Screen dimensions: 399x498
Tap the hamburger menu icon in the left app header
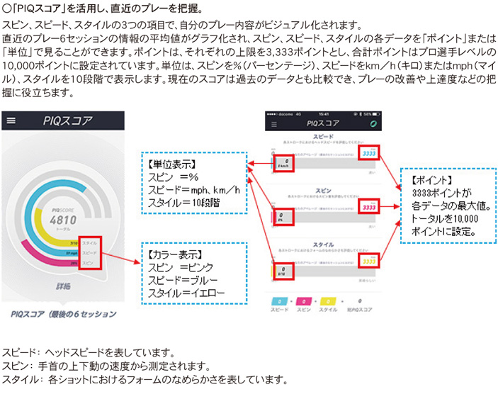[11, 121]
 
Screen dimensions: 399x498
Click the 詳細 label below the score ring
[63, 287]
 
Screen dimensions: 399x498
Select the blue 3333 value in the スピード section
[368, 152]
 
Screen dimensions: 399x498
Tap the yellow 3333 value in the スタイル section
[368, 260]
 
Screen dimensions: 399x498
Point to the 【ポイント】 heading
[430, 179]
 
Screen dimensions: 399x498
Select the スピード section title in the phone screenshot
[324, 135]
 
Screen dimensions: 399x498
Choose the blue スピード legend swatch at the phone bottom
[280, 301]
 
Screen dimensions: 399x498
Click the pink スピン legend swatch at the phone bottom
[304, 301]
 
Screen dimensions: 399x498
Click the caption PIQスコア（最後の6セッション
[64, 313]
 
